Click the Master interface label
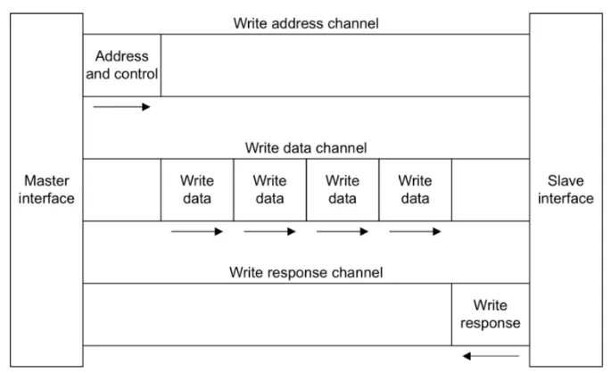coord(46,189)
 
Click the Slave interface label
coord(566,189)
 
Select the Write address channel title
coord(306,23)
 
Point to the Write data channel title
coord(306,148)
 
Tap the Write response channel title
coord(306,272)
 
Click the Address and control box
coord(122,65)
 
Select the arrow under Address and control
coord(121,107)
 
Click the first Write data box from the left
coord(197,190)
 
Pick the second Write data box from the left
coord(270,190)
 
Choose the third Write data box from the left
coord(343,190)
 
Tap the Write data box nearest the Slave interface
coord(416,190)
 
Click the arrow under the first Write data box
coord(197,231)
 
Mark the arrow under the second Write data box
coord(269,231)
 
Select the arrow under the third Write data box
coord(343,231)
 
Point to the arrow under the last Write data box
coord(415,231)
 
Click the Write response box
coord(491,314)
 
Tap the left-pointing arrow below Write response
coord(491,356)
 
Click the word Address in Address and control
coord(122,56)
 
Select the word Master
coord(46,181)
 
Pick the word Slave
coord(566,181)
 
